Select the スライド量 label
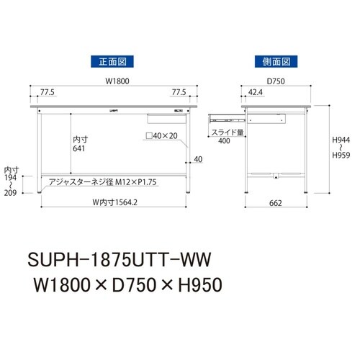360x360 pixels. (224, 132)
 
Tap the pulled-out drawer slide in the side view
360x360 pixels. (225, 115)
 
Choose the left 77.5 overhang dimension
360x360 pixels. (49, 92)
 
